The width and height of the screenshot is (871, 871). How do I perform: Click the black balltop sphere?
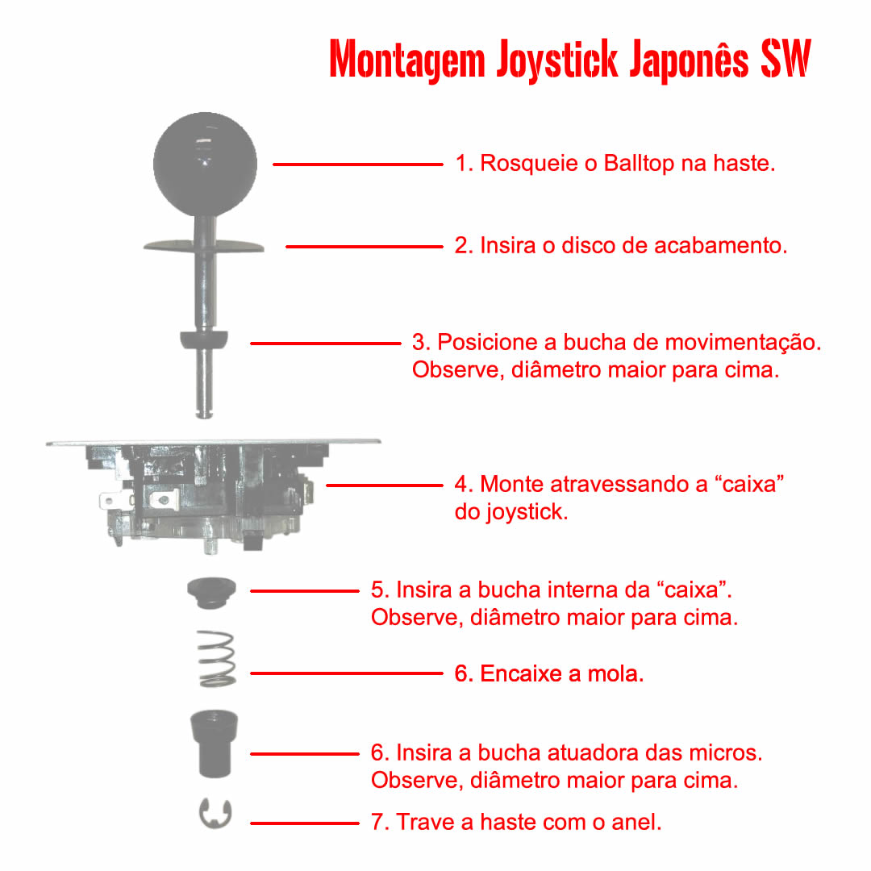click(205, 164)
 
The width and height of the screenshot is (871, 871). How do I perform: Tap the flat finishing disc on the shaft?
click(203, 246)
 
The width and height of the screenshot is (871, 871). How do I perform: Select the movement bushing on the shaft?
click(204, 340)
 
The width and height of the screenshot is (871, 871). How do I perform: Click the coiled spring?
click(217, 659)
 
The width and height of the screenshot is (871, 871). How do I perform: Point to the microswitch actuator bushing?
click(215, 744)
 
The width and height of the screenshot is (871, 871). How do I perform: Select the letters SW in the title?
click(786, 58)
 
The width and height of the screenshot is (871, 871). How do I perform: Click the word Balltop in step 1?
click(638, 163)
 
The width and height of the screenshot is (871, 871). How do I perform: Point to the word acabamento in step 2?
click(720, 245)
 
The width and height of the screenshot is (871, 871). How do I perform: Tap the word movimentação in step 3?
click(743, 344)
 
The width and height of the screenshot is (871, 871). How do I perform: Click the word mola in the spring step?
click(615, 673)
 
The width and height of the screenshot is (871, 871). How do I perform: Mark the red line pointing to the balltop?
click(358, 165)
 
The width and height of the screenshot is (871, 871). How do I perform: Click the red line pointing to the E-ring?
click(304, 823)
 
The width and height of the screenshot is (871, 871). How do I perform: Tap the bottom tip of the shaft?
click(204, 416)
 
